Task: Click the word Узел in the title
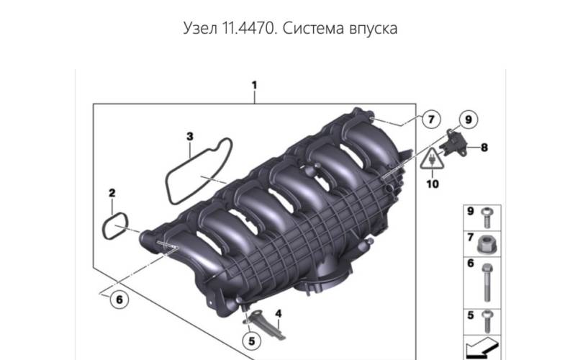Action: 200,28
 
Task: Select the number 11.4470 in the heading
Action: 250,28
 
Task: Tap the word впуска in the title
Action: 374,29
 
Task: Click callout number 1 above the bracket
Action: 254,85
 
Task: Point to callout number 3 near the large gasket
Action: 189,137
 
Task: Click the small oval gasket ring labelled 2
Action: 115,226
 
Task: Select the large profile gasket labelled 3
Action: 199,171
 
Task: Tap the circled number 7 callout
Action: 431,120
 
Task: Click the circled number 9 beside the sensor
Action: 468,120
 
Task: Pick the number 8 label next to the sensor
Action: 484,148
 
